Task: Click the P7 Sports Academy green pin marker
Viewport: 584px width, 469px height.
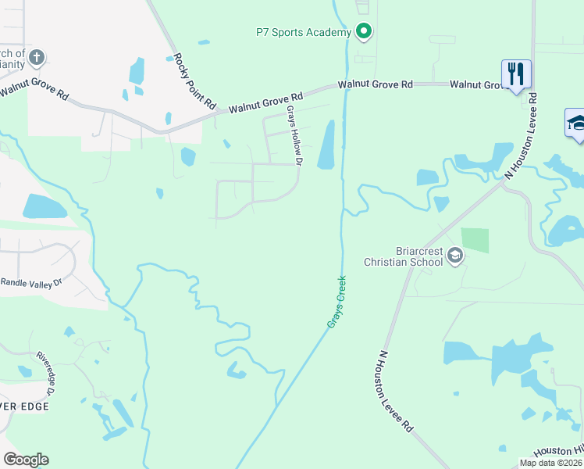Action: point(363,32)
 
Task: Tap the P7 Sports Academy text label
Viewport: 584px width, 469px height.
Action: point(304,33)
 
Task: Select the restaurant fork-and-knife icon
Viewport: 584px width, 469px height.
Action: point(516,74)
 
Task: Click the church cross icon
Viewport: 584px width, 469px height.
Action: point(37,57)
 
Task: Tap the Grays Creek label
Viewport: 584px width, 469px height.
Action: point(337,306)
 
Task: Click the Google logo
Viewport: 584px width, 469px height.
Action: point(26,460)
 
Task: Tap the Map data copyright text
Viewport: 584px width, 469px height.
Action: point(550,463)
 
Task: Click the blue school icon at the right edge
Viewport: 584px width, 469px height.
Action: point(576,124)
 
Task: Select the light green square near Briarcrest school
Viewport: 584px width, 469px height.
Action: point(475,240)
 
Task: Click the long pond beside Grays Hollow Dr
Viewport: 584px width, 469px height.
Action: point(326,145)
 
